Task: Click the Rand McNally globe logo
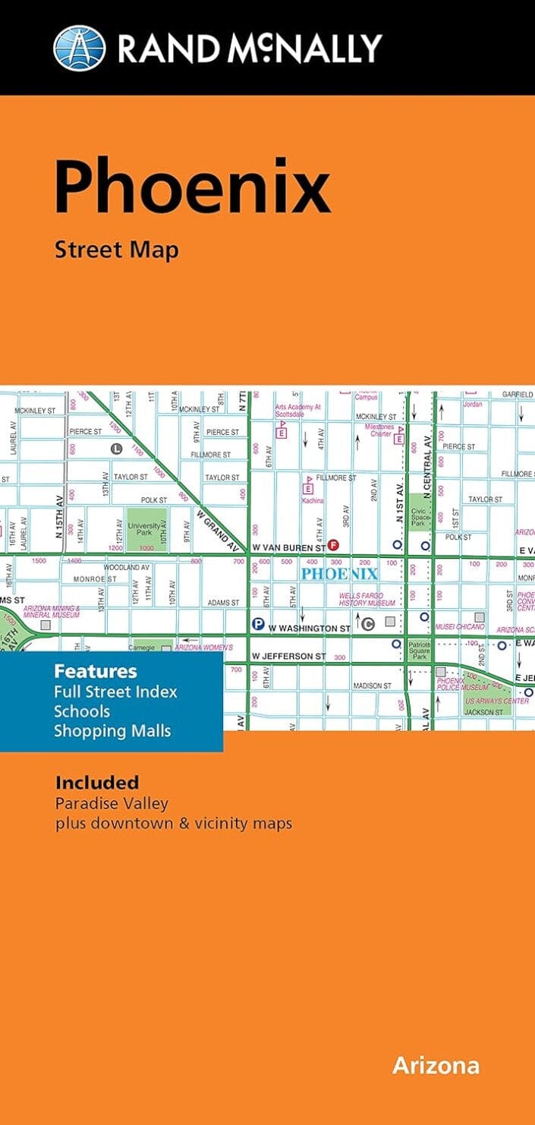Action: [x=80, y=48]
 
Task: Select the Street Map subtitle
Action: [x=116, y=249]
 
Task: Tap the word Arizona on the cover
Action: [x=436, y=1065]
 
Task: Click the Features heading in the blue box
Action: [x=95, y=671]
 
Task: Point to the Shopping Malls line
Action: [x=112, y=731]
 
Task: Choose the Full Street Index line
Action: [x=115, y=692]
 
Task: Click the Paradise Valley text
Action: [x=112, y=803]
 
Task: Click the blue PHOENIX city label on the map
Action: [x=338, y=573]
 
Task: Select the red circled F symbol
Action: [x=332, y=546]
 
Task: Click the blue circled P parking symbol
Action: [x=258, y=625]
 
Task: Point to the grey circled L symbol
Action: [x=116, y=449]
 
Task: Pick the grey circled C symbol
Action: [x=368, y=625]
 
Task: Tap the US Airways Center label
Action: [x=497, y=701]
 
